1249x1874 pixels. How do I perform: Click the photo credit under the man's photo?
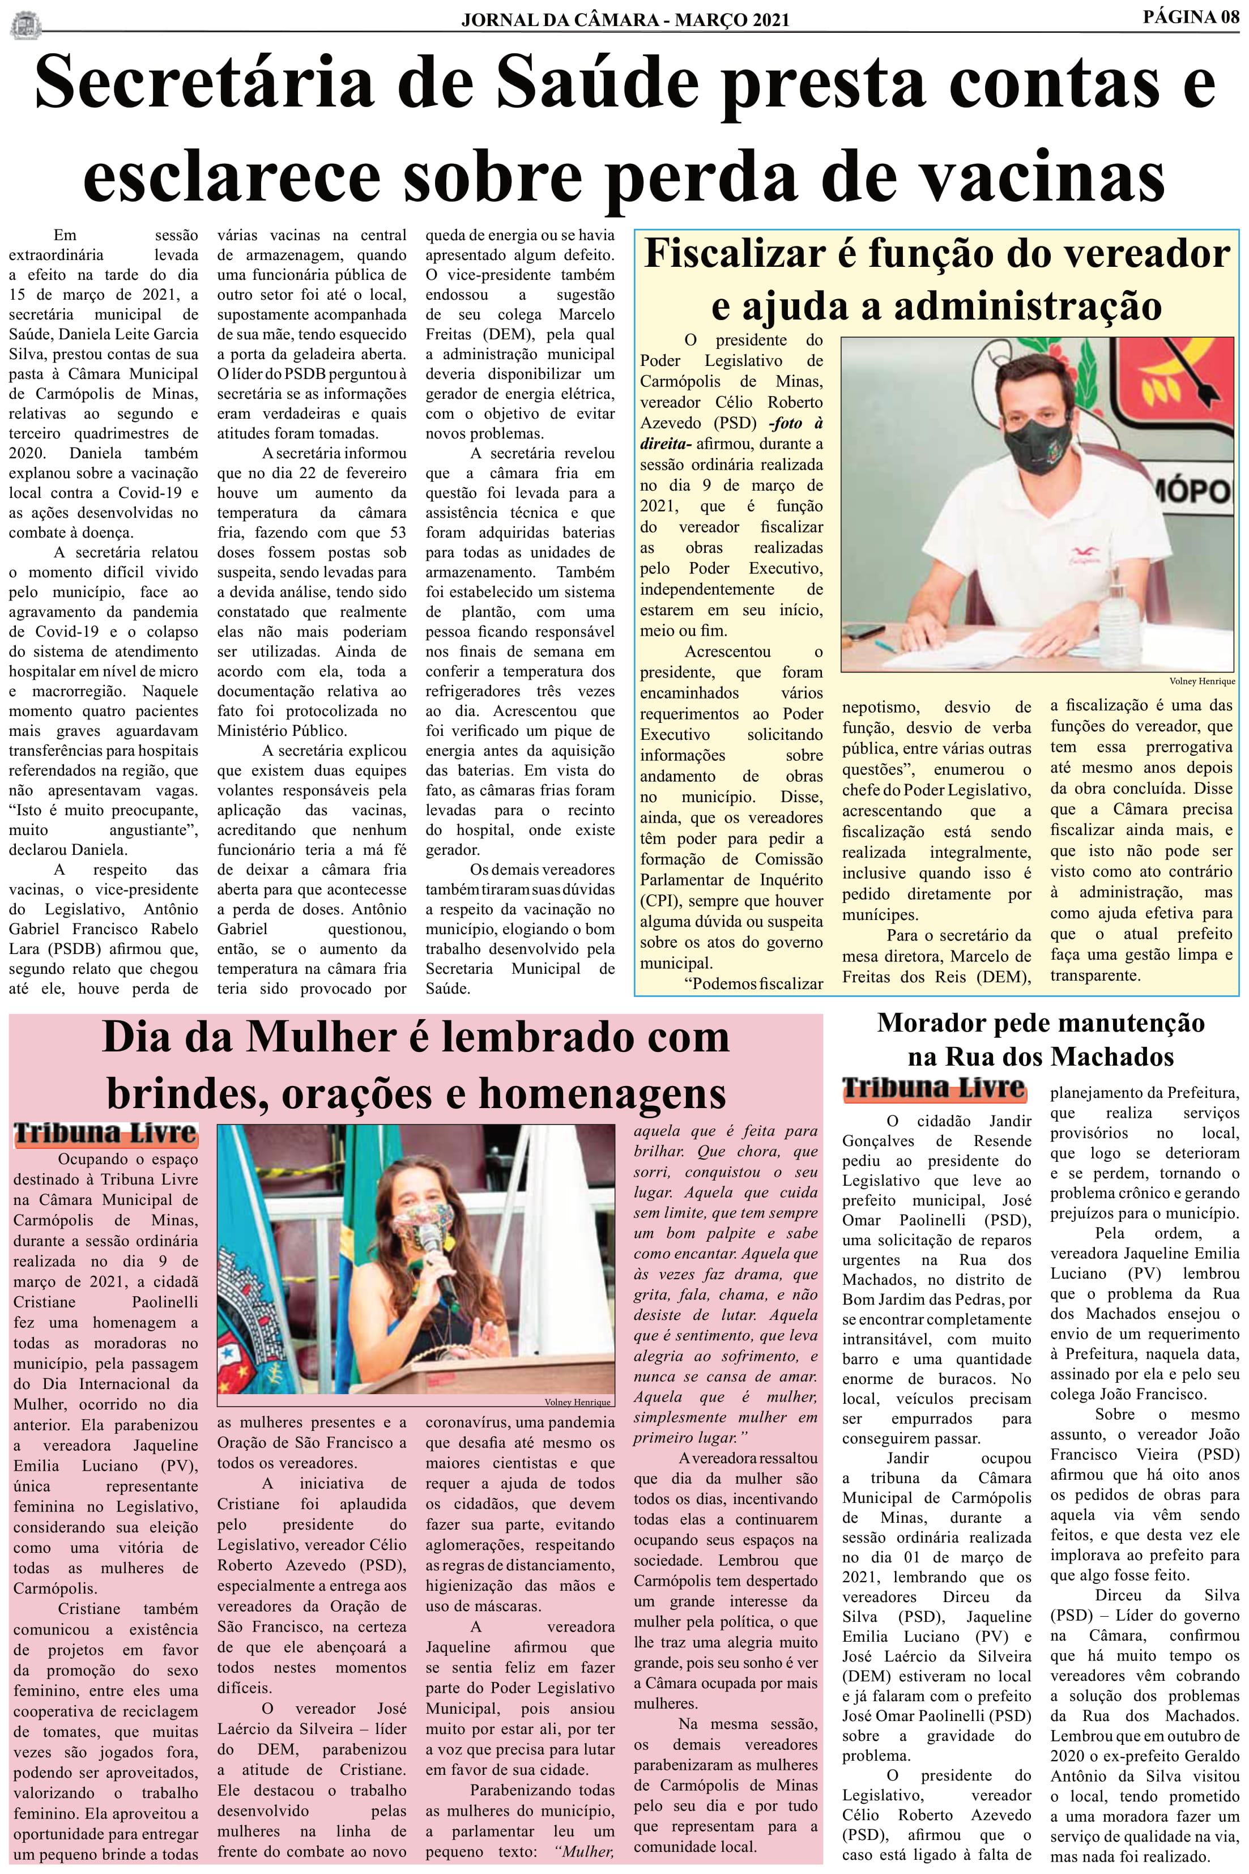(x=1202, y=681)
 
